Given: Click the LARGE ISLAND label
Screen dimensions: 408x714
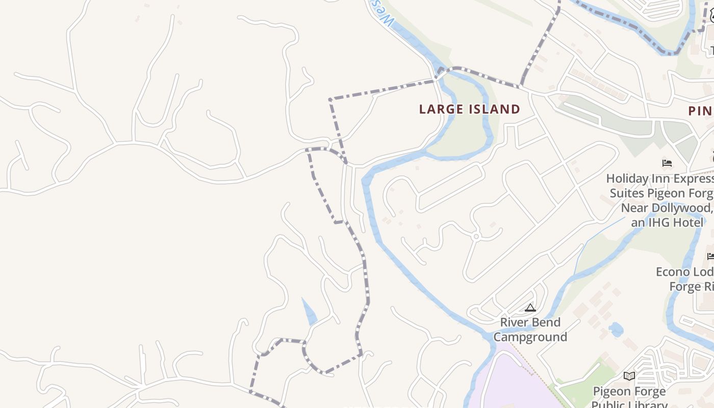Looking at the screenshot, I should pos(469,109).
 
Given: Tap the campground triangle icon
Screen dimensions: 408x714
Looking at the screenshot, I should pos(530,308).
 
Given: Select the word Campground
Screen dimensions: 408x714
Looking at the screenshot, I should pos(530,337).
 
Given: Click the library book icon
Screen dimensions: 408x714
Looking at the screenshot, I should pos(629,376).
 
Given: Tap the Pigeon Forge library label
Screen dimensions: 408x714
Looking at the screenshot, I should pos(629,392).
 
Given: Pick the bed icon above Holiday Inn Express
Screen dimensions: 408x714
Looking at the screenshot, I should pos(667,163).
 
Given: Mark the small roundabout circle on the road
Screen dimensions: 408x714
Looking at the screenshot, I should pos(476,236).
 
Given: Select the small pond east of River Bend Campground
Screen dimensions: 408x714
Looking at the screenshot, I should pos(616,329).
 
